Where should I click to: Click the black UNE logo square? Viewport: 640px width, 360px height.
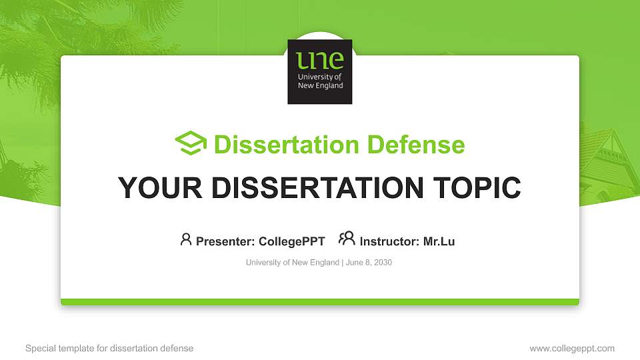[x=319, y=72]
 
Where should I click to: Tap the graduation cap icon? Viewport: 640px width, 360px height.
[x=191, y=143]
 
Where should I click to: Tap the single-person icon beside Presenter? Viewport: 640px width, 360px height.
[x=186, y=239]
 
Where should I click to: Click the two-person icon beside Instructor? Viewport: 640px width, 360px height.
[x=347, y=239]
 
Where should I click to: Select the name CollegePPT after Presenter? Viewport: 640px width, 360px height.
[x=291, y=241]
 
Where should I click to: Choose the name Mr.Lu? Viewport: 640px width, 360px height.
[x=439, y=241]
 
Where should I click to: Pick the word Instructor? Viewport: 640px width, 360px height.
[x=390, y=241]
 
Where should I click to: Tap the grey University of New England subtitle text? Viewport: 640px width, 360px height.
[x=293, y=263]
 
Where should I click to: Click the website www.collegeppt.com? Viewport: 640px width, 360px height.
[x=572, y=348]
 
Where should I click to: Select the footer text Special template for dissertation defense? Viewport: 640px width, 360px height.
[x=109, y=348]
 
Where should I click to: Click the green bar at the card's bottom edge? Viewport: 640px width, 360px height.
[x=319, y=302]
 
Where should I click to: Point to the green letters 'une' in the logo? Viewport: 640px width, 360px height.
[x=320, y=61]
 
